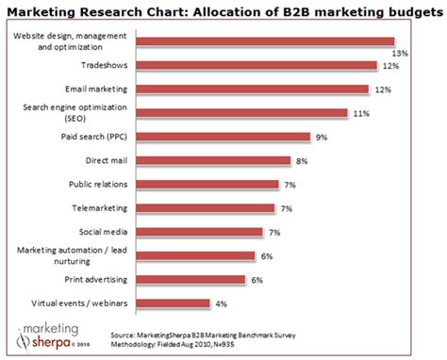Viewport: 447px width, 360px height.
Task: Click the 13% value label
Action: (400, 54)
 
